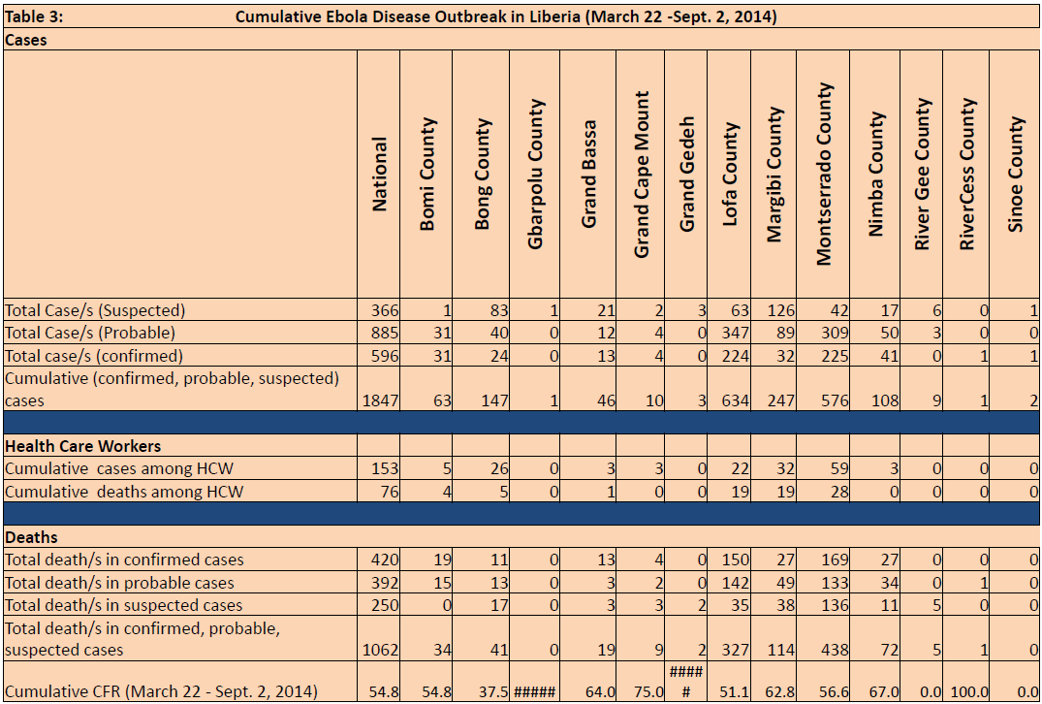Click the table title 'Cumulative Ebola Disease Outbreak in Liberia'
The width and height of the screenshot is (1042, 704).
(x=408, y=16)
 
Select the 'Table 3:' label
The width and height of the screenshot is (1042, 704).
(x=34, y=16)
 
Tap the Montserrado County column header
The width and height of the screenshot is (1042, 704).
(x=823, y=175)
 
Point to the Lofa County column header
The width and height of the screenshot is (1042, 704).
(x=730, y=175)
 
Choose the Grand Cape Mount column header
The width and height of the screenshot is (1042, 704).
(x=641, y=175)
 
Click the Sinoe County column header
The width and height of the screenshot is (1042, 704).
(x=1015, y=175)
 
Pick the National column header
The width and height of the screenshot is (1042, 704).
(x=379, y=175)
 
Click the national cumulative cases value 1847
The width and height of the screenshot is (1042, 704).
(x=381, y=400)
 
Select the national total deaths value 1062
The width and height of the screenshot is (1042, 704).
(x=381, y=650)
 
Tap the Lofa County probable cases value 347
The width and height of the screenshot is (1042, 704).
(x=735, y=333)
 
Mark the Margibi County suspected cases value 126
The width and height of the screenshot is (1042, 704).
(x=781, y=310)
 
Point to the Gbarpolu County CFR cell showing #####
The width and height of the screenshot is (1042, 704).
(x=535, y=692)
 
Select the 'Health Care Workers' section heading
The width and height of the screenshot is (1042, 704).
(x=82, y=446)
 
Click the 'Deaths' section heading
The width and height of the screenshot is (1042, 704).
(x=31, y=537)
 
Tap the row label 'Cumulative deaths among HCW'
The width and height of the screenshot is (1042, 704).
(x=124, y=492)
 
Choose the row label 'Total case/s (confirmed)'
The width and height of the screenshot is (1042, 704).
(x=94, y=356)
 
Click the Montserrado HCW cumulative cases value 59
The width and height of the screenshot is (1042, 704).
(x=838, y=468)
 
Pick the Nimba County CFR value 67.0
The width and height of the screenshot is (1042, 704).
(x=885, y=692)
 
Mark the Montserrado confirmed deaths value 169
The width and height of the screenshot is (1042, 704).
(x=835, y=560)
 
